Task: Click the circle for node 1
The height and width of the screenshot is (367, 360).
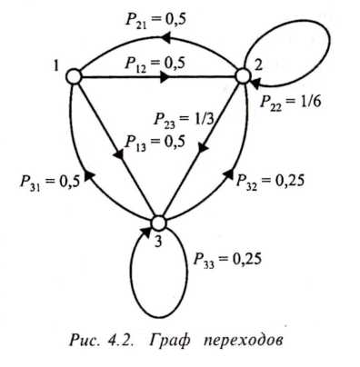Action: pos(74,76)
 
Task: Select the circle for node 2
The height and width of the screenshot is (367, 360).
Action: pos(243,75)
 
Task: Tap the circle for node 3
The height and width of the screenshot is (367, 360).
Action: pos(159,223)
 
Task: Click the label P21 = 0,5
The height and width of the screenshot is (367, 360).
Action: pos(155,20)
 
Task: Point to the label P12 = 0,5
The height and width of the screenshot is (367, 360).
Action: pos(155,64)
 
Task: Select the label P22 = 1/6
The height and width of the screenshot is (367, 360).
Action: pos(291,103)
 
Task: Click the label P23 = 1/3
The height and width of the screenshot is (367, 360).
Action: pos(184,119)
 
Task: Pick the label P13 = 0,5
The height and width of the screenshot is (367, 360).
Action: pos(155,143)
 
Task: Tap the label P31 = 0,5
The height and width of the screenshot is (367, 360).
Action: pos(50,183)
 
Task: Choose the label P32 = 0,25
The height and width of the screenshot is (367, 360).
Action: pos(270,182)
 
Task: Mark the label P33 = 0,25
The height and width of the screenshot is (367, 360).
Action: pos(227,260)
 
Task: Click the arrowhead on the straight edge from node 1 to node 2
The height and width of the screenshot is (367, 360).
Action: pos(165,77)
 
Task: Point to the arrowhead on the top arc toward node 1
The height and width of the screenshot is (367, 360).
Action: pos(165,38)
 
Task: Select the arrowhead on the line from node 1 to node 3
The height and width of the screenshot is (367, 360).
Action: pos(119,154)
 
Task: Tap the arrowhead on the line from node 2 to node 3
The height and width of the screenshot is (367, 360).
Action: pos(204,148)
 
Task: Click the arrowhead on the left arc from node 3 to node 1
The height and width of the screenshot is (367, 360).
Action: pos(88,175)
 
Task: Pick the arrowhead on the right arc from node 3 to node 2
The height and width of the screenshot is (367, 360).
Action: pos(229,174)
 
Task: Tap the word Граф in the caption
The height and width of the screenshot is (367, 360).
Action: pos(170,341)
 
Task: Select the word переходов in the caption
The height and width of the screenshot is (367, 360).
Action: pos(244,341)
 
